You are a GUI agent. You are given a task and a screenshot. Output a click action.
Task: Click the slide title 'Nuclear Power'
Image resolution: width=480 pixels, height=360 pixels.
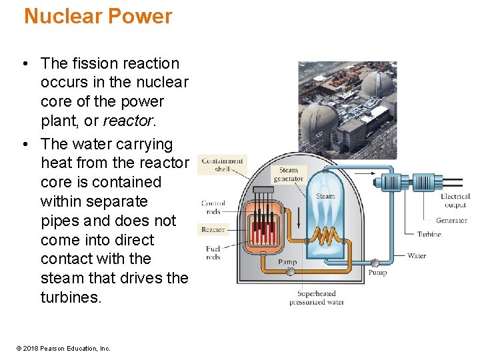[98, 17]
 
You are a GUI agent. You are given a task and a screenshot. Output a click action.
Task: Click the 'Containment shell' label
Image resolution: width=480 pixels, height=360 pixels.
[222, 165]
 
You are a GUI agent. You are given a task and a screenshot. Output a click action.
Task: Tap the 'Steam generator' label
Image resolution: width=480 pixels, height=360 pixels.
[289, 174]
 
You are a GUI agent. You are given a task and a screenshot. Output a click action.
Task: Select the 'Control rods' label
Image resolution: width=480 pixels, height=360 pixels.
[213, 207]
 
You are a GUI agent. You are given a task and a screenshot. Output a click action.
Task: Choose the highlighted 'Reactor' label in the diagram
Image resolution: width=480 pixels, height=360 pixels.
[213, 229]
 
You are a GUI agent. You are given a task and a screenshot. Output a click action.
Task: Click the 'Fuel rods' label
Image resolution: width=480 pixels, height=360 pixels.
[213, 253]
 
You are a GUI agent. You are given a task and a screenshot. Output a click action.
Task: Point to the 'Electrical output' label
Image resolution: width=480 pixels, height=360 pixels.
[455, 201]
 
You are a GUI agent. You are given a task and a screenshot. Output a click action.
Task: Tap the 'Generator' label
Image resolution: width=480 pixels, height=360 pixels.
[451, 220]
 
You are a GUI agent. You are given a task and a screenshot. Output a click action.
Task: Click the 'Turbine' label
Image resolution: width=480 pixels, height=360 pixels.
[429, 235]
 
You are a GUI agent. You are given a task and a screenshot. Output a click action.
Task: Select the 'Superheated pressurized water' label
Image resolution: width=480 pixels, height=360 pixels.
[316, 298]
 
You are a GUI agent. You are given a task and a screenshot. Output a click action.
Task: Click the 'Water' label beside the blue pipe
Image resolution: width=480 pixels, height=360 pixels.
[417, 255]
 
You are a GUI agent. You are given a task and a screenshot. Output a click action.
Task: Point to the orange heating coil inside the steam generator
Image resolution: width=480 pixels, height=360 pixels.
[325, 236]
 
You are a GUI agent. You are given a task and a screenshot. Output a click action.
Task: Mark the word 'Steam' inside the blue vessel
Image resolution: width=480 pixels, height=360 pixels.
[325, 196]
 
